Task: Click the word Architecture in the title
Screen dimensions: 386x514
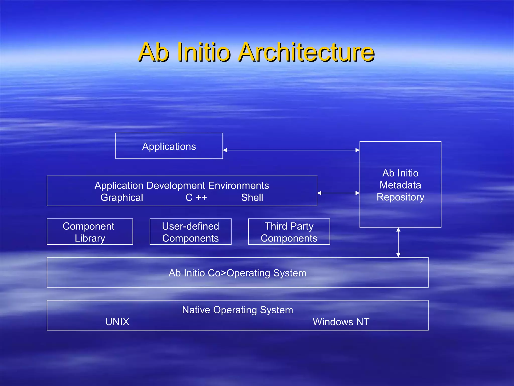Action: (x=306, y=52)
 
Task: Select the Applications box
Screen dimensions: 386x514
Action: (x=169, y=146)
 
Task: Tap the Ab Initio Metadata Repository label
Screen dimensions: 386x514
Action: (x=400, y=185)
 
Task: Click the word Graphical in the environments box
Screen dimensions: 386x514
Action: (x=122, y=198)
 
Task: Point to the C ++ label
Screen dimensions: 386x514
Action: (x=196, y=198)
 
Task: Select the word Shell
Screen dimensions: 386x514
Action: (x=252, y=198)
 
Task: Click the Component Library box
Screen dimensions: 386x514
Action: (x=90, y=232)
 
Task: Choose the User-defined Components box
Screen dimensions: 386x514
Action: (x=190, y=232)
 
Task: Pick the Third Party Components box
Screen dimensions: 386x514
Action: (x=289, y=232)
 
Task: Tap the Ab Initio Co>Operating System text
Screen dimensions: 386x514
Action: (x=237, y=273)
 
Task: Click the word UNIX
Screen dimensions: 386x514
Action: (x=117, y=322)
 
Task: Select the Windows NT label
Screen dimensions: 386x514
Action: (x=341, y=322)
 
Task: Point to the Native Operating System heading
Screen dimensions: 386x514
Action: (x=237, y=310)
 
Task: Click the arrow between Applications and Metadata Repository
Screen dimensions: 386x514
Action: (x=291, y=150)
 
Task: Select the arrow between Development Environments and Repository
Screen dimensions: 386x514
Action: (x=338, y=193)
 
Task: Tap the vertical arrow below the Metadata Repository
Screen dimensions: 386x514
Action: (x=398, y=242)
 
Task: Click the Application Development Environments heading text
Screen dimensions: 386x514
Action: (x=182, y=185)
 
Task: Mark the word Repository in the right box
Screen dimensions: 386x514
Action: (x=400, y=197)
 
